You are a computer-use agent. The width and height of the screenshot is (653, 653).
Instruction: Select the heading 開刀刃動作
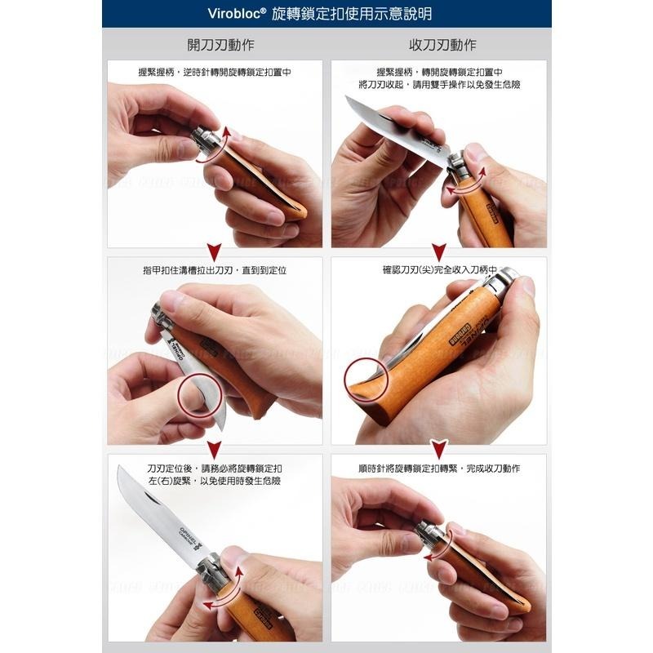pyautogui.click(x=215, y=44)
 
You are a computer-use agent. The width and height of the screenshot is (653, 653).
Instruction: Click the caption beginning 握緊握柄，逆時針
pyautogui.click(x=215, y=72)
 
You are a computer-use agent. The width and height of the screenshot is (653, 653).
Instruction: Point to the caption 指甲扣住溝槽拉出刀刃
pyautogui.click(x=215, y=269)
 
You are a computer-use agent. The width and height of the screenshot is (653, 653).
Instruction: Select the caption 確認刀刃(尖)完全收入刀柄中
pyautogui.click(x=439, y=269)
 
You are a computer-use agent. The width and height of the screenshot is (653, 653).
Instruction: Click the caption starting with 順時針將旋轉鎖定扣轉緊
pyautogui.click(x=439, y=469)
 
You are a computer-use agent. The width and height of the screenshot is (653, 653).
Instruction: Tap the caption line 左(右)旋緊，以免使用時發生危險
pyautogui.click(x=215, y=482)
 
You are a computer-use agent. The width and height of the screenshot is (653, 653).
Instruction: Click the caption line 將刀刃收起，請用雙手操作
pyautogui.click(x=439, y=84)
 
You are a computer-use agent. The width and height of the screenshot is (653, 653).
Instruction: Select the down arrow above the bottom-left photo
pyautogui.click(x=215, y=448)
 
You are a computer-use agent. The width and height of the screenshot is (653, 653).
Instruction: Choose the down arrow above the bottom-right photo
pyautogui.click(x=439, y=448)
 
